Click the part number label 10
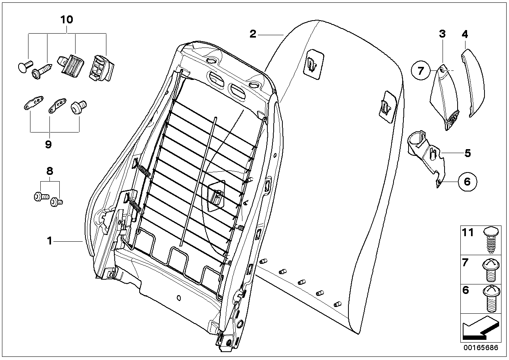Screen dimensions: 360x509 click(x=67, y=19)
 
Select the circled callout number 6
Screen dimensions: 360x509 click(x=467, y=182)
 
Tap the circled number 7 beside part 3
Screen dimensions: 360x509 click(x=420, y=71)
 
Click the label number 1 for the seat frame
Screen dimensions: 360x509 click(x=49, y=241)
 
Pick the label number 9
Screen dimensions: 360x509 click(x=48, y=145)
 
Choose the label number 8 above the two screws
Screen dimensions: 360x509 click(x=49, y=171)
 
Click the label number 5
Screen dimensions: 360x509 click(x=467, y=153)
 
